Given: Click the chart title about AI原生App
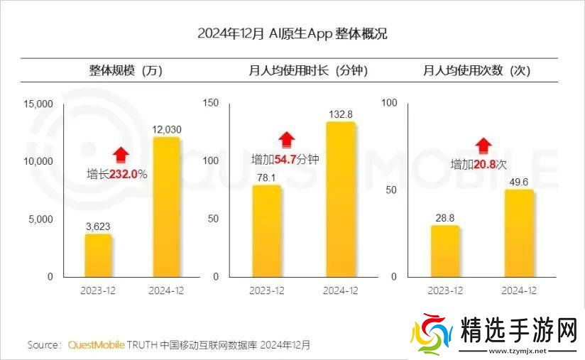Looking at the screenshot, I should [292, 34].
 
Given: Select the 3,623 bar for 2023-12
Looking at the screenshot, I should [98, 255].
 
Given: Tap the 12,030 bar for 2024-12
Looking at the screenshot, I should [166, 207].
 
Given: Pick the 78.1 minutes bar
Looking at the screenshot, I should [267, 231].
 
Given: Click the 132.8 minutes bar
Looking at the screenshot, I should [340, 199].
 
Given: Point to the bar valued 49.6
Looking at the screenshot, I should [519, 233].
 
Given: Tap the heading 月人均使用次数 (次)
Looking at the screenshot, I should [476, 70].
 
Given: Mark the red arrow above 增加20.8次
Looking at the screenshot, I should [483, 146].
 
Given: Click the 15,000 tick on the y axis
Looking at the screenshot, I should [38, 104].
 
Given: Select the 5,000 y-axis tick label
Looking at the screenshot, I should [41, 219].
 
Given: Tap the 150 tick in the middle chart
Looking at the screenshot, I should [211, 104].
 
